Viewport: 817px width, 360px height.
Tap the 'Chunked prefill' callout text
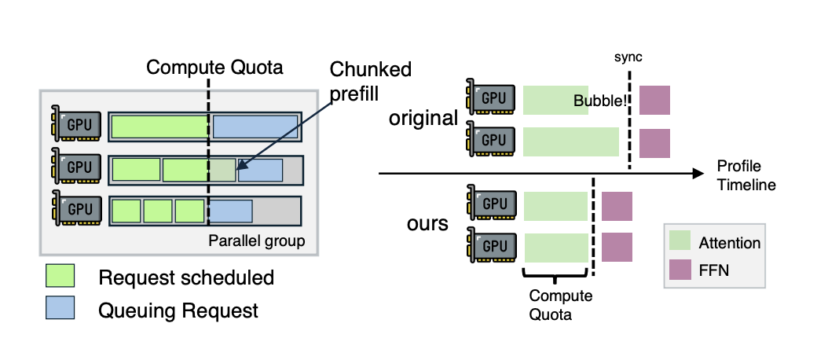click(370, 81)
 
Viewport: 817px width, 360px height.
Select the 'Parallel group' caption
click(255, 241)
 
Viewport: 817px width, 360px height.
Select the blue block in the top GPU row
click(255, 127)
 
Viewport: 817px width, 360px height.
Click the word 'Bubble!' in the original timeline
click(600, 101)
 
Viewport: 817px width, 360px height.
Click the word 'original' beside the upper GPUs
click(424, 119)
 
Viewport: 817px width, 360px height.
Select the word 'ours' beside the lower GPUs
click(427, 223)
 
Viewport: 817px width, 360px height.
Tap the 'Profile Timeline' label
click(746, 174)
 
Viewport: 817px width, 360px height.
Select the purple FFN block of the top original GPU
click(654, 100)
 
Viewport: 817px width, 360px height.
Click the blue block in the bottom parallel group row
click(230, 210)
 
